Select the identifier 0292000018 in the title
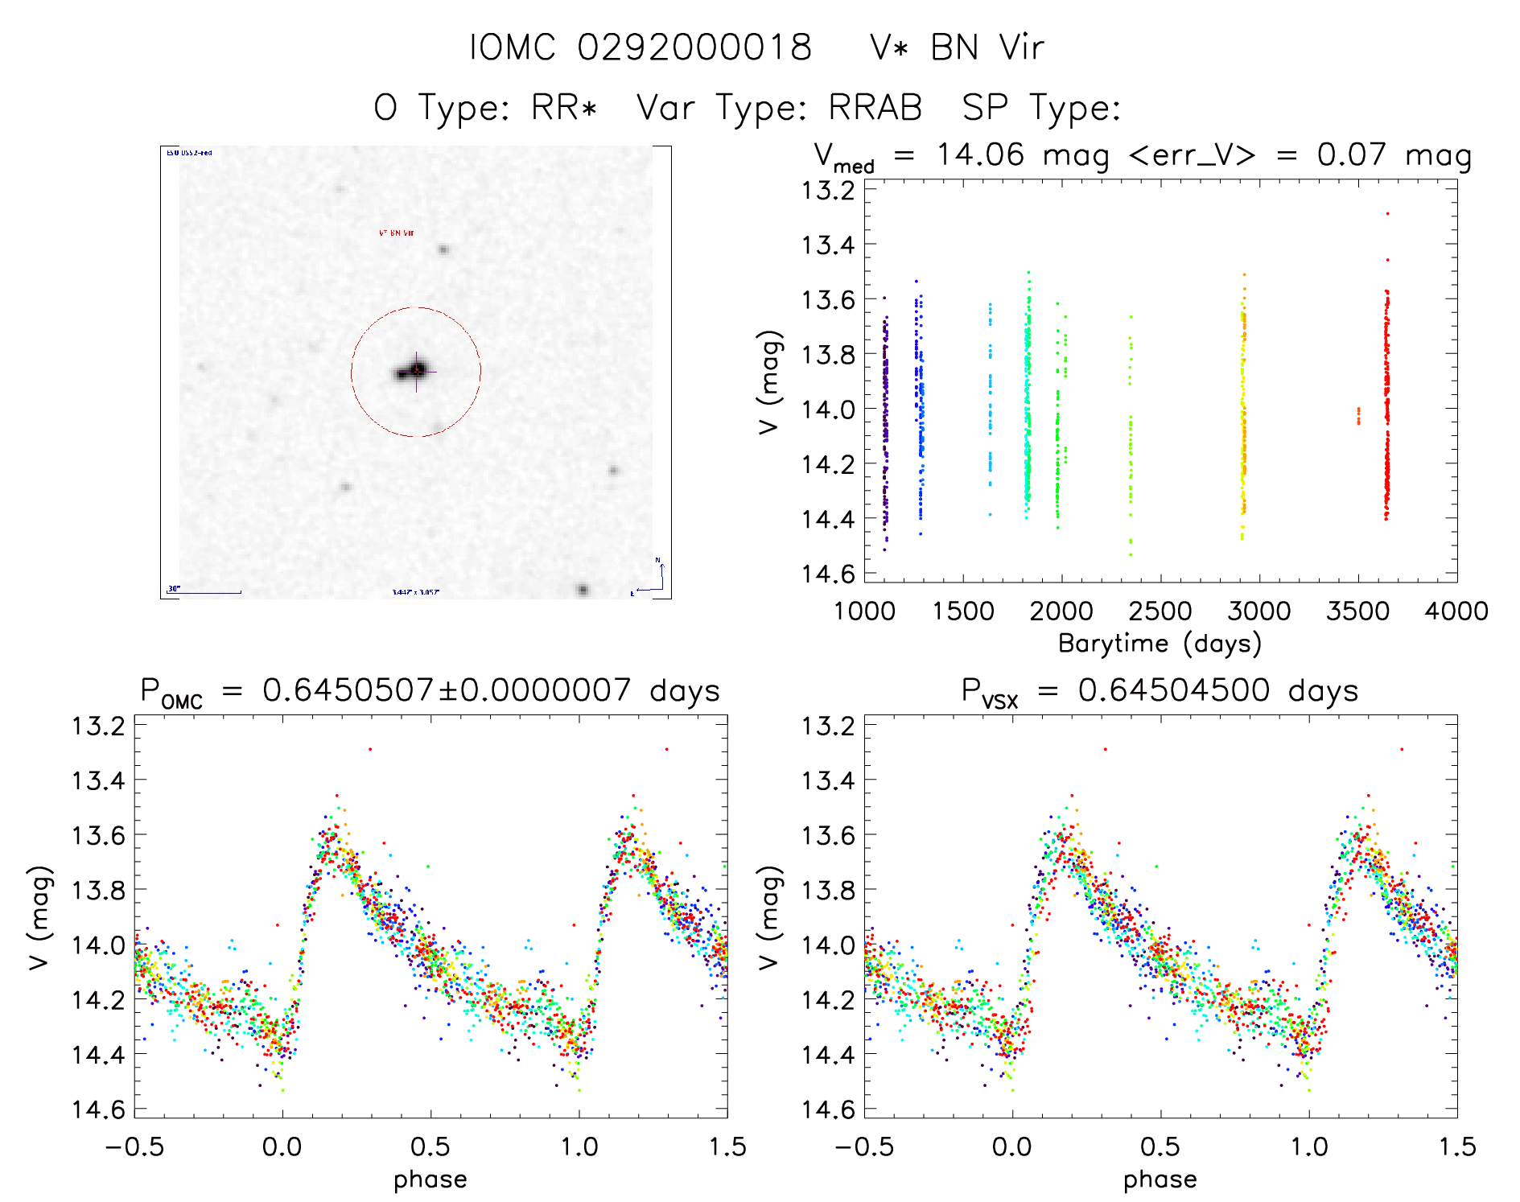coord(694,47)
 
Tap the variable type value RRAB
coord(875,108)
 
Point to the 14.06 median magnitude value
coord(980,154)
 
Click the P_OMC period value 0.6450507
coord(348,690)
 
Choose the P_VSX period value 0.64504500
coord(1174,690)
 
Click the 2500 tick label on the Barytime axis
coord(1160,611)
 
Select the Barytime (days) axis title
coord(1160,644)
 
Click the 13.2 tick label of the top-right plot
coord(828,191)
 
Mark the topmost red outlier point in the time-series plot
coord(1387,214)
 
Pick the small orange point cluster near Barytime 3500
coord(1359,415)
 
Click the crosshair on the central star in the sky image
coord(416,371)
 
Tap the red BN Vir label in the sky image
coord(396,233)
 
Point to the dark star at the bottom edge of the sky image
coord(583,590)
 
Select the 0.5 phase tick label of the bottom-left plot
coord(430,1146)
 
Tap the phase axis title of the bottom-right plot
coord(1160,1179)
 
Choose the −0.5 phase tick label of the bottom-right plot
coord(864,1146)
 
